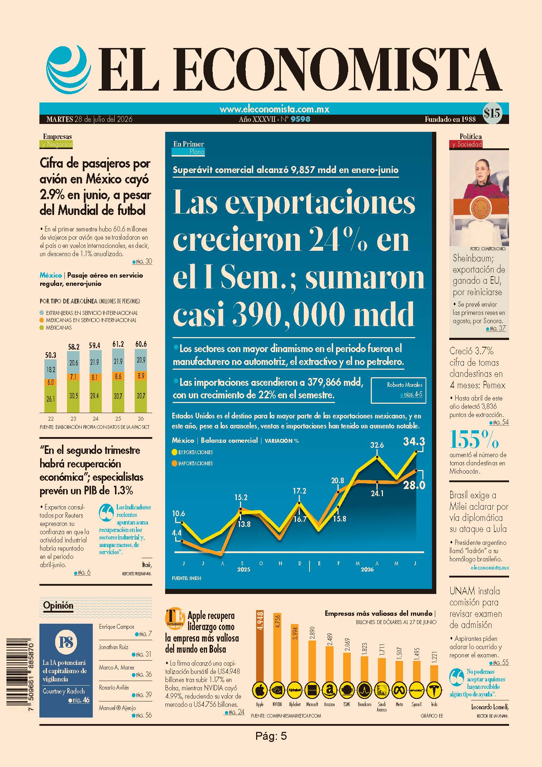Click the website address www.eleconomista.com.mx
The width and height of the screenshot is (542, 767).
tap(274, 109)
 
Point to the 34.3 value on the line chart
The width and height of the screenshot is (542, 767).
tap(414, 441)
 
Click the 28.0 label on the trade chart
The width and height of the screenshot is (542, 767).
tap(414, 485)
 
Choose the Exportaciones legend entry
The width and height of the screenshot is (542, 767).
tap(192, 452)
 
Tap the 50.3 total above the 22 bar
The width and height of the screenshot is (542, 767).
tap(51, 355)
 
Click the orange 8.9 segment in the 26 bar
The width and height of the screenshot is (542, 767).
tap(141, 375)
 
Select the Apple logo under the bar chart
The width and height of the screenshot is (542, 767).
tap(260, 689)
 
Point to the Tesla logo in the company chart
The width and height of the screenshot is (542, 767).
tap(434, 689)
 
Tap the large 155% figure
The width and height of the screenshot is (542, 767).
tap(474, 439)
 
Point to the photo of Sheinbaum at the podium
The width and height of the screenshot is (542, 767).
tap(479, 197)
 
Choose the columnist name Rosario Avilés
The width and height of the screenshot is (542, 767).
tap(114, 687)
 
